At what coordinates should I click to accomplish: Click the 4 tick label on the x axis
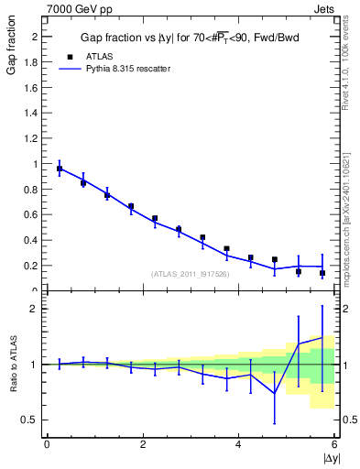click(239, 444)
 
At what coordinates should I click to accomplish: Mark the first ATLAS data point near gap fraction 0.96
click(60, 169)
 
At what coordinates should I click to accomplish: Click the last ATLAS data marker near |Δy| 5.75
click(322, 273)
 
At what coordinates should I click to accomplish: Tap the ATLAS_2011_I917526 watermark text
click(190, 274)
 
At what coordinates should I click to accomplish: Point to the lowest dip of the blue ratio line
click(274, 394)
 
